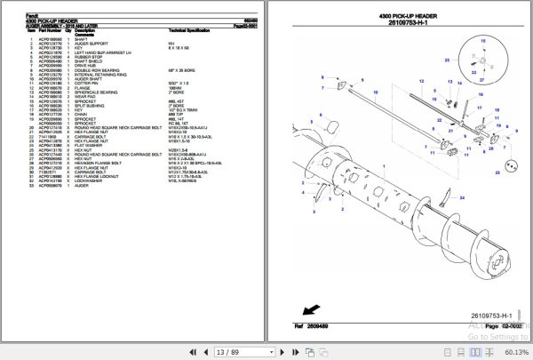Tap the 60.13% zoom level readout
tap(513, 351)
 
